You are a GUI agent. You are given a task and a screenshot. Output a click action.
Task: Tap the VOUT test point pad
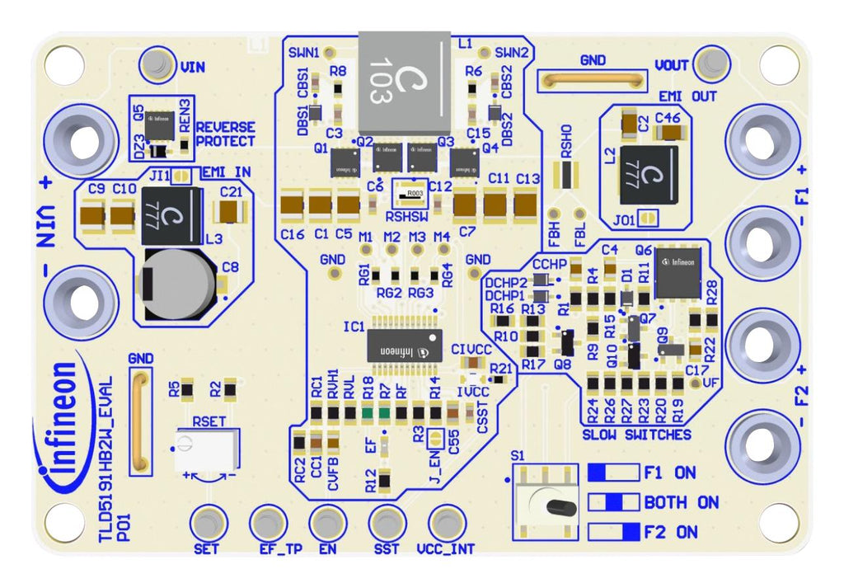(x=710, y=64)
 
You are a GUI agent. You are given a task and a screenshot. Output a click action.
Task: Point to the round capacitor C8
(x=178, y=283)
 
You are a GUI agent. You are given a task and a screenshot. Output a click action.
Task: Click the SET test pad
(x=208, y=523)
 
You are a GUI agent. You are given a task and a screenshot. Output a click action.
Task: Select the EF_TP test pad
(x=269, y=523)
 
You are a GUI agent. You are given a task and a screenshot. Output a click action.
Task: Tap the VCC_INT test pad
(x=446, y=523)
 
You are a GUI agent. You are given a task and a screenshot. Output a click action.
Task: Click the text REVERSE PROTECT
(x=225, y=134)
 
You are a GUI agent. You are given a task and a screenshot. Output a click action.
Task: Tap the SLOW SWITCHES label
(x=635, y=434)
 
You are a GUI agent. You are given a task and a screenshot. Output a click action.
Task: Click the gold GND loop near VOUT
(x=590, y=81)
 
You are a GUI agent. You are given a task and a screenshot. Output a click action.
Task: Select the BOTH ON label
(x=681, y=502)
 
